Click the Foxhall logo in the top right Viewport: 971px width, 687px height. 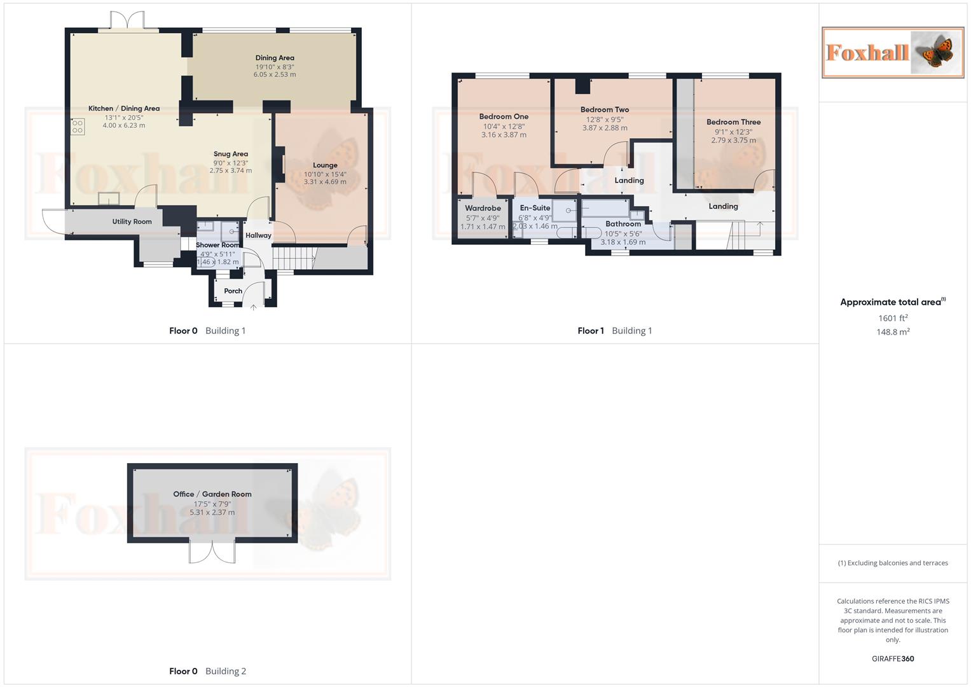892,52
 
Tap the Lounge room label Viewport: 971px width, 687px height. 325,165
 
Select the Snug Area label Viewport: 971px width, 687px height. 231,154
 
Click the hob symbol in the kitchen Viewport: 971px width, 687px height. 78,127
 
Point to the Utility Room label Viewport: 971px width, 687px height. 132,221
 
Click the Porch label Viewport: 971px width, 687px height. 233,291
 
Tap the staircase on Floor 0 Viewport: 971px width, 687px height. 294,258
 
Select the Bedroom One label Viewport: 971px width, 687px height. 504,116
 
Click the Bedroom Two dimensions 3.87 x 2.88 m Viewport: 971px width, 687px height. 605,128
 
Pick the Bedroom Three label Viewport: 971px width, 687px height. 733,122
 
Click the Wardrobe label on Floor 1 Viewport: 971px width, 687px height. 483,208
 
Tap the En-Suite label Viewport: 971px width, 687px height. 535,208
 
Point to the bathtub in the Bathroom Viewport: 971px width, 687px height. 605,208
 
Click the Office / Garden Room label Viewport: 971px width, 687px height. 212,494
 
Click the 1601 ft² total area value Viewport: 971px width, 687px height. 893,318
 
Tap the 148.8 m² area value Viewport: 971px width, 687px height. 893,332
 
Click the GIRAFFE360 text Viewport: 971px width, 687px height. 893,659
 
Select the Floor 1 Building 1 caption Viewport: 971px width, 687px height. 614,331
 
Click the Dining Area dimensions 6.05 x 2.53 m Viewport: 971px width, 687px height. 275,74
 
